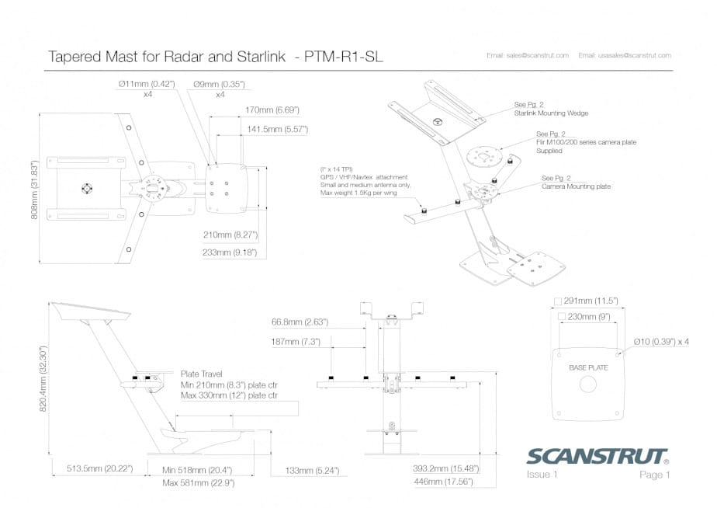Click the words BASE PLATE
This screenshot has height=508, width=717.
point(588,367)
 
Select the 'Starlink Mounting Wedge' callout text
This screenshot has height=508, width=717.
point(551,113)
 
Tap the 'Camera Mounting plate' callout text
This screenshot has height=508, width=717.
point(576,186)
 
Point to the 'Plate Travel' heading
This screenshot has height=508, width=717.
point(201,374)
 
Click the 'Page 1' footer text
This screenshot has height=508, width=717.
point(654,474)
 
